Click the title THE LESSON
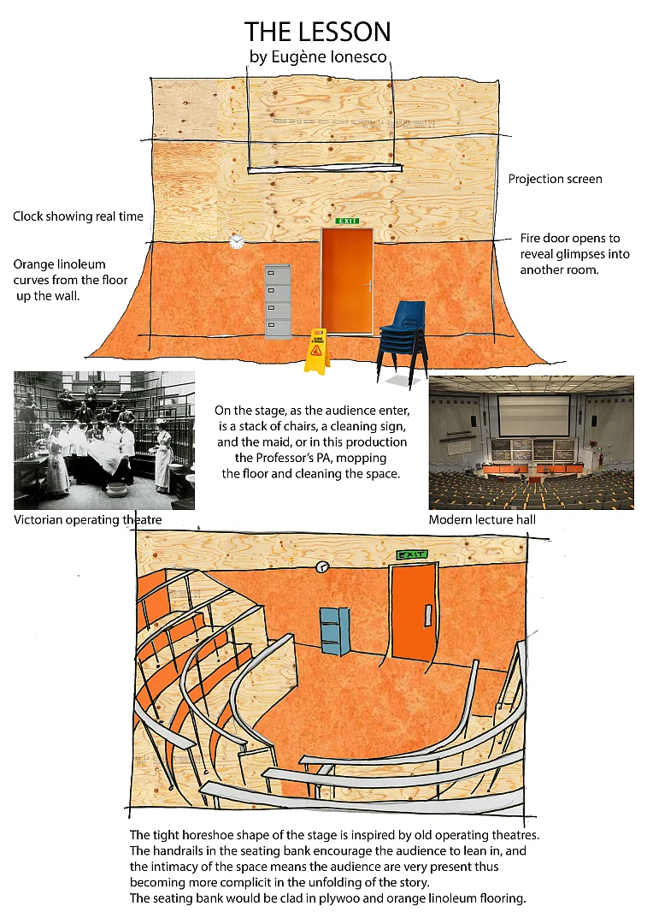[x=318, y=32]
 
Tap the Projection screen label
[x=555, y=179]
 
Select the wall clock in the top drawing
[x=237, y=242]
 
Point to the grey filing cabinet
[x=279, y=301]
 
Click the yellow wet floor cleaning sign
[x=316, y=351]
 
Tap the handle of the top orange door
[x=368, y=285]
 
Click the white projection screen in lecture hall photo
[x=533, y=415]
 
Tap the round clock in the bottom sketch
[x=322, y=566]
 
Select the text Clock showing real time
[x=78, y=216]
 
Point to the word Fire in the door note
[x=531, y=238]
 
